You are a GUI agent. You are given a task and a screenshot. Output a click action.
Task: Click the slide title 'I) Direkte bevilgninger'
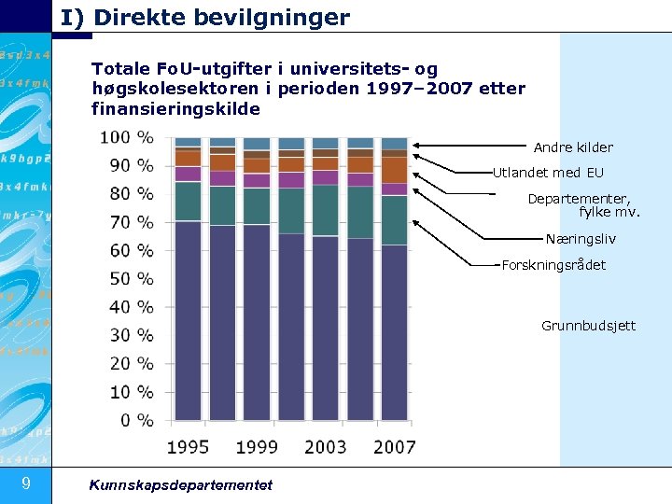tap(205, 17)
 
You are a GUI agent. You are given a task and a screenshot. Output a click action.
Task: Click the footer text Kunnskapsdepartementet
tap(180, 484)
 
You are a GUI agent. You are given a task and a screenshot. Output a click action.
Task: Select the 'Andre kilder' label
tap(573, 147)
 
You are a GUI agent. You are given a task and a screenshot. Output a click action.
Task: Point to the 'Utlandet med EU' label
tap(548, 173)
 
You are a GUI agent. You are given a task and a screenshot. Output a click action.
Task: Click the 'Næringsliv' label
tap(581, 239)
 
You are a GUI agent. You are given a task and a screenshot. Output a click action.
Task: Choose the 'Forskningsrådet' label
tap(553, 265)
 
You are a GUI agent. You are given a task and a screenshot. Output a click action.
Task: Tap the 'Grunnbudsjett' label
tap(588, 326)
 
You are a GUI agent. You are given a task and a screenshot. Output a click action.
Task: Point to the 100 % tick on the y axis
tap(127, 138)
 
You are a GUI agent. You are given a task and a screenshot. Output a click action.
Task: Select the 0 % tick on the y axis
tap(138, 421)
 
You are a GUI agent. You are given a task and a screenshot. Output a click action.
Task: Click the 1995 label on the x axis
tap(189, 447)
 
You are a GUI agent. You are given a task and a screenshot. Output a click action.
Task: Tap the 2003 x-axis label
tap(325, 447)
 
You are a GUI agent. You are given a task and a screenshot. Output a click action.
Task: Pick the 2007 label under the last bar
tap(394, 447)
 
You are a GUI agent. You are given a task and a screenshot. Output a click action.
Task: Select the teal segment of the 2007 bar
tap(394, 220)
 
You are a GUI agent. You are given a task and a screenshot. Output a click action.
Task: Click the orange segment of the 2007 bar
tap(394, 169)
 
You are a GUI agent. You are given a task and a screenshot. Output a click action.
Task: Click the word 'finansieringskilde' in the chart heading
tap(175, 109)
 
